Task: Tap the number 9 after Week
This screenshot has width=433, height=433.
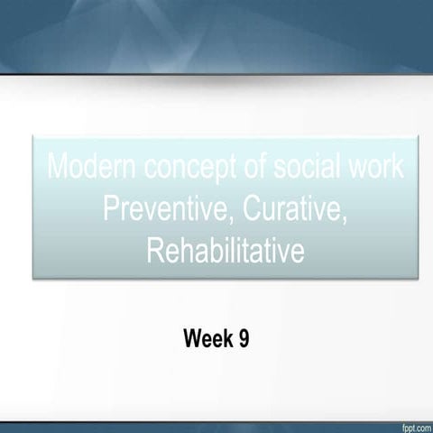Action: click(242, 339)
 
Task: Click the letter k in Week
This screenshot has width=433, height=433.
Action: click(226, 339)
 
